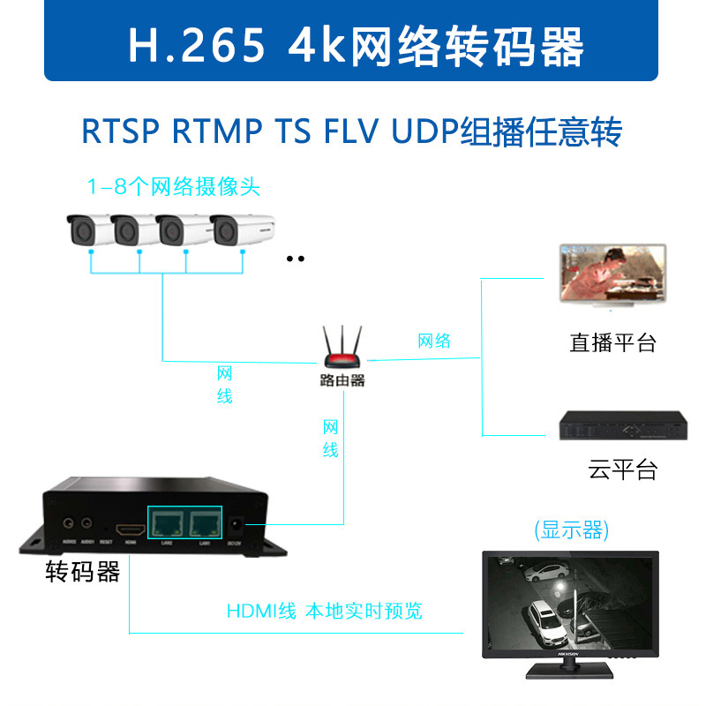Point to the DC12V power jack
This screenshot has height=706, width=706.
pyautogui.click(x=237, y=524)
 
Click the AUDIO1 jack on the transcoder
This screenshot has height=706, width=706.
pyautogui.click(x=86, y=523)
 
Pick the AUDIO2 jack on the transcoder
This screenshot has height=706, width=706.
pyautogui.click(x=67, y=523)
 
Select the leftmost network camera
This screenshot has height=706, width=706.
pyautogui.click(x=88, y=229)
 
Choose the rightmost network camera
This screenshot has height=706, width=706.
pyautogui.click(x=240, y=229)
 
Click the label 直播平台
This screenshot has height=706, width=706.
pyautogui.click(x=612, y=342)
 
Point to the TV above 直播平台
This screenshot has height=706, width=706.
pyautogui.click(x=608, y=274)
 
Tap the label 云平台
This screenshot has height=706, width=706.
pyautogui.click(x=623, y=469)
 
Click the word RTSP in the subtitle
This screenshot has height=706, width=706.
pyautogui.click(x=121, y=132)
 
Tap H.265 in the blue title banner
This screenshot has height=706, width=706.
pyautogui.click(x=196, y=46)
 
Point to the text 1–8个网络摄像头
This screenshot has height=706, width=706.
pyautogui.click(x=173, y=187)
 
